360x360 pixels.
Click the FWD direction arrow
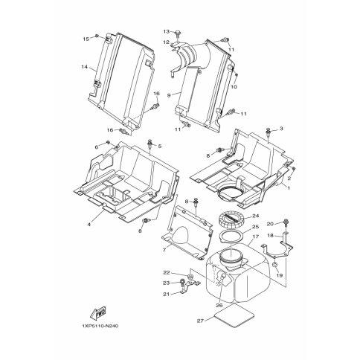(x=98, y=312)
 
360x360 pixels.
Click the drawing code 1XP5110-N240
(x=100, y=326)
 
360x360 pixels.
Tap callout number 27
(x=200, y=321)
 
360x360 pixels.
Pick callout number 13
(x=166, y=31)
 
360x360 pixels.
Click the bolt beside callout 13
(x=178, y=33)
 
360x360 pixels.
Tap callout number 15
(x=86, y=39)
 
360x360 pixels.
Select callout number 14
(x=85, y=67)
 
